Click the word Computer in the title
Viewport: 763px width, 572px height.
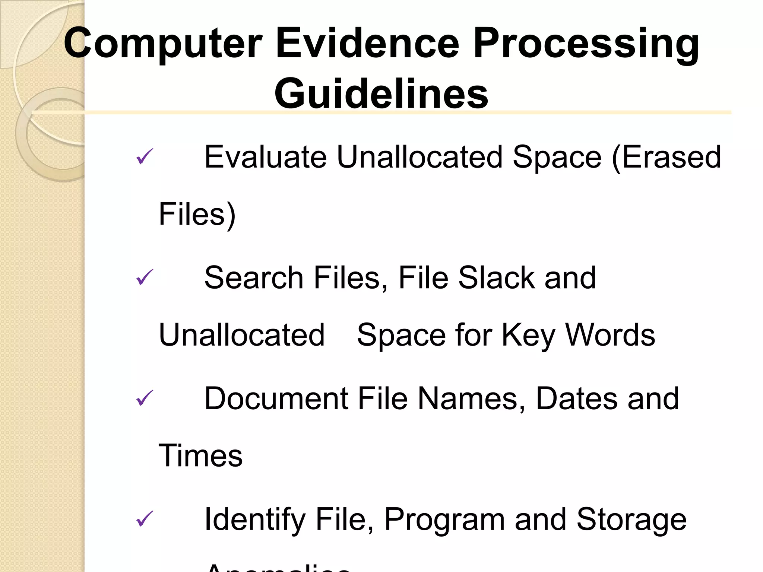pyautogui.click(x=163, y=44)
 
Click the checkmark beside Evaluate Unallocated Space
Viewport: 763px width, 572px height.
pyautogui.click(x=145, y=156)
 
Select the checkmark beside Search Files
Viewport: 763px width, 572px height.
pyautogui.click(x=145, y=277)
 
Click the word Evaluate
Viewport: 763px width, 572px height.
pyautogui.click(x=266, y=157)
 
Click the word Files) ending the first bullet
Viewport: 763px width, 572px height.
pyautogui.click(x=197, y=214)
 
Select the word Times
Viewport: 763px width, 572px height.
pyautogui.click(x=200, y=456)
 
